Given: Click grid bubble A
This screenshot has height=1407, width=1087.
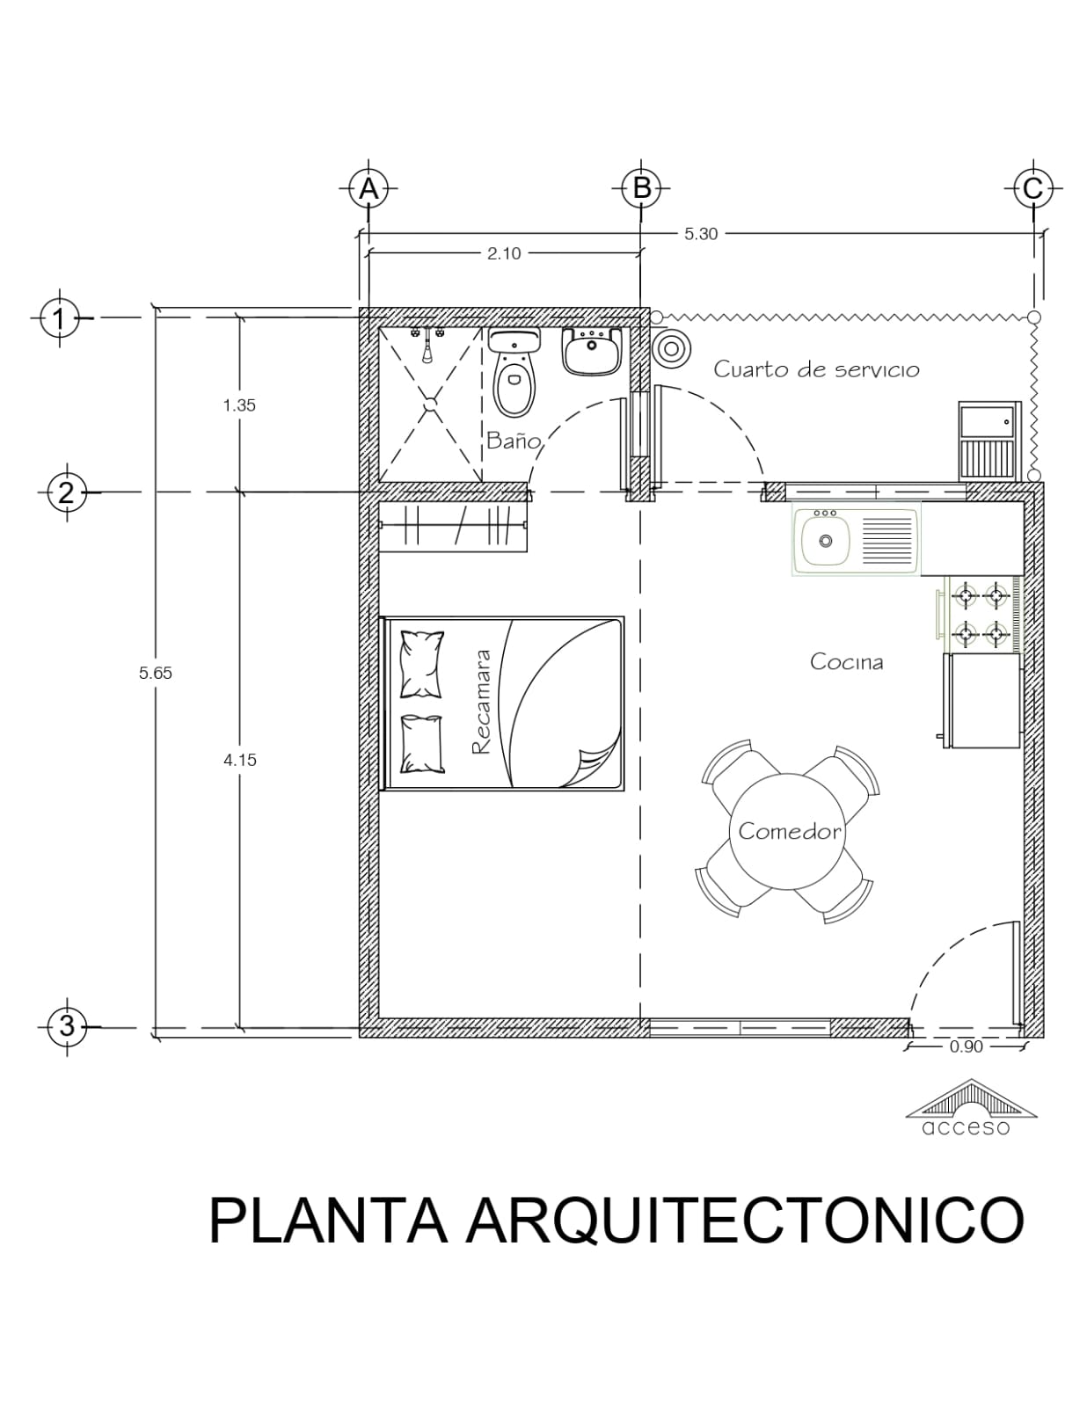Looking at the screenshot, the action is point(368,189).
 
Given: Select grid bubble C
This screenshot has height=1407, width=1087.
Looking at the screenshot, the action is point(1032,189).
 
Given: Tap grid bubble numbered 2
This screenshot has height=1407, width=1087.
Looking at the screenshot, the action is point(67,493).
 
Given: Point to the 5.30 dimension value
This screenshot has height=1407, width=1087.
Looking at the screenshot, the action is point(701,235).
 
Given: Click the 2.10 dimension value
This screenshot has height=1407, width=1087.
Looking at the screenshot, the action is point(504,254).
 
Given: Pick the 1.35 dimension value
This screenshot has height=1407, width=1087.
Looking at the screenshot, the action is point(239,405).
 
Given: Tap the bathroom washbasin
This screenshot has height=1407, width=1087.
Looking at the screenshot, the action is point(592,351).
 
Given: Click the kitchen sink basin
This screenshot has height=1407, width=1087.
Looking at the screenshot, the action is point(826,541).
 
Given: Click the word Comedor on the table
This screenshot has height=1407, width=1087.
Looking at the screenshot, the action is point(790,832).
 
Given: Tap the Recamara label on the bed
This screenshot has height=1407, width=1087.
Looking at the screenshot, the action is point(481,703).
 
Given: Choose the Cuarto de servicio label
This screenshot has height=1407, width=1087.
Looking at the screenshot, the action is point(816,369).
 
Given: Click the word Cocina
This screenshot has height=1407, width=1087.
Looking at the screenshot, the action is point(847,662).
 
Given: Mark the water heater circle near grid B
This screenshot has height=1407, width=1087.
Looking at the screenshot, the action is point(672,350).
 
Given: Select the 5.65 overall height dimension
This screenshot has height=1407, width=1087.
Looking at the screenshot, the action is point(156,674).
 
